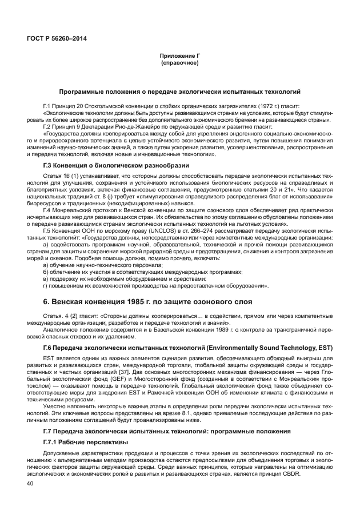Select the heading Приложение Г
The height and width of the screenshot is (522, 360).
(x=179, y=56)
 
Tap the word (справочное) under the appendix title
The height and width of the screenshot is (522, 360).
(x=179, y=62)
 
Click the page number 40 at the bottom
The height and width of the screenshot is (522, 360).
(x=30, y=484)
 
